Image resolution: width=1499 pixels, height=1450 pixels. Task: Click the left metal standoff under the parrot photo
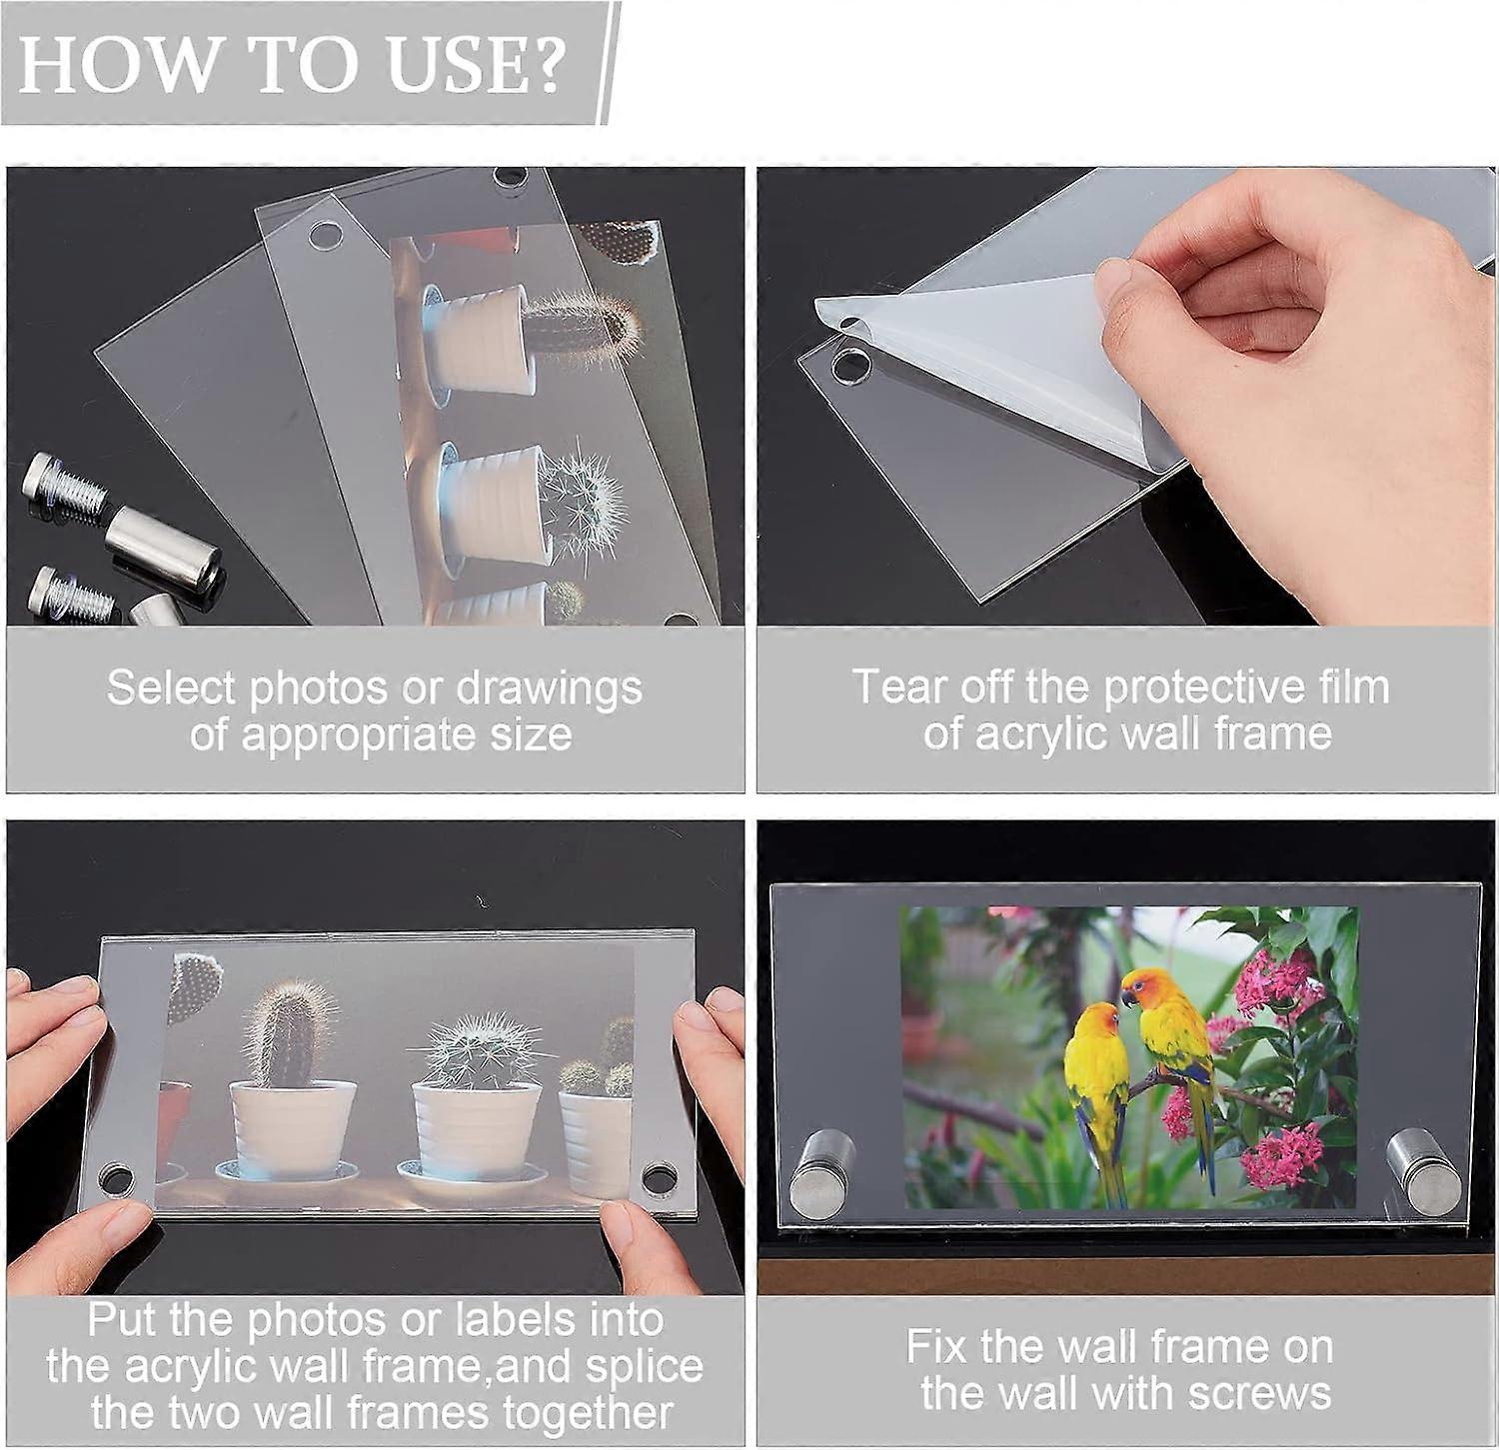819,1172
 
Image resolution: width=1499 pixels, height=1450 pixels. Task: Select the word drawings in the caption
549,688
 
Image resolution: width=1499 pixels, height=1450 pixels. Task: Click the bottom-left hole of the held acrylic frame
117,1176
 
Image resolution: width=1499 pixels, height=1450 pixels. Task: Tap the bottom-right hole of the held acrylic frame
659,1176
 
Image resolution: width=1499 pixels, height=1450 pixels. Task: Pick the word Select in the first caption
171,688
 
